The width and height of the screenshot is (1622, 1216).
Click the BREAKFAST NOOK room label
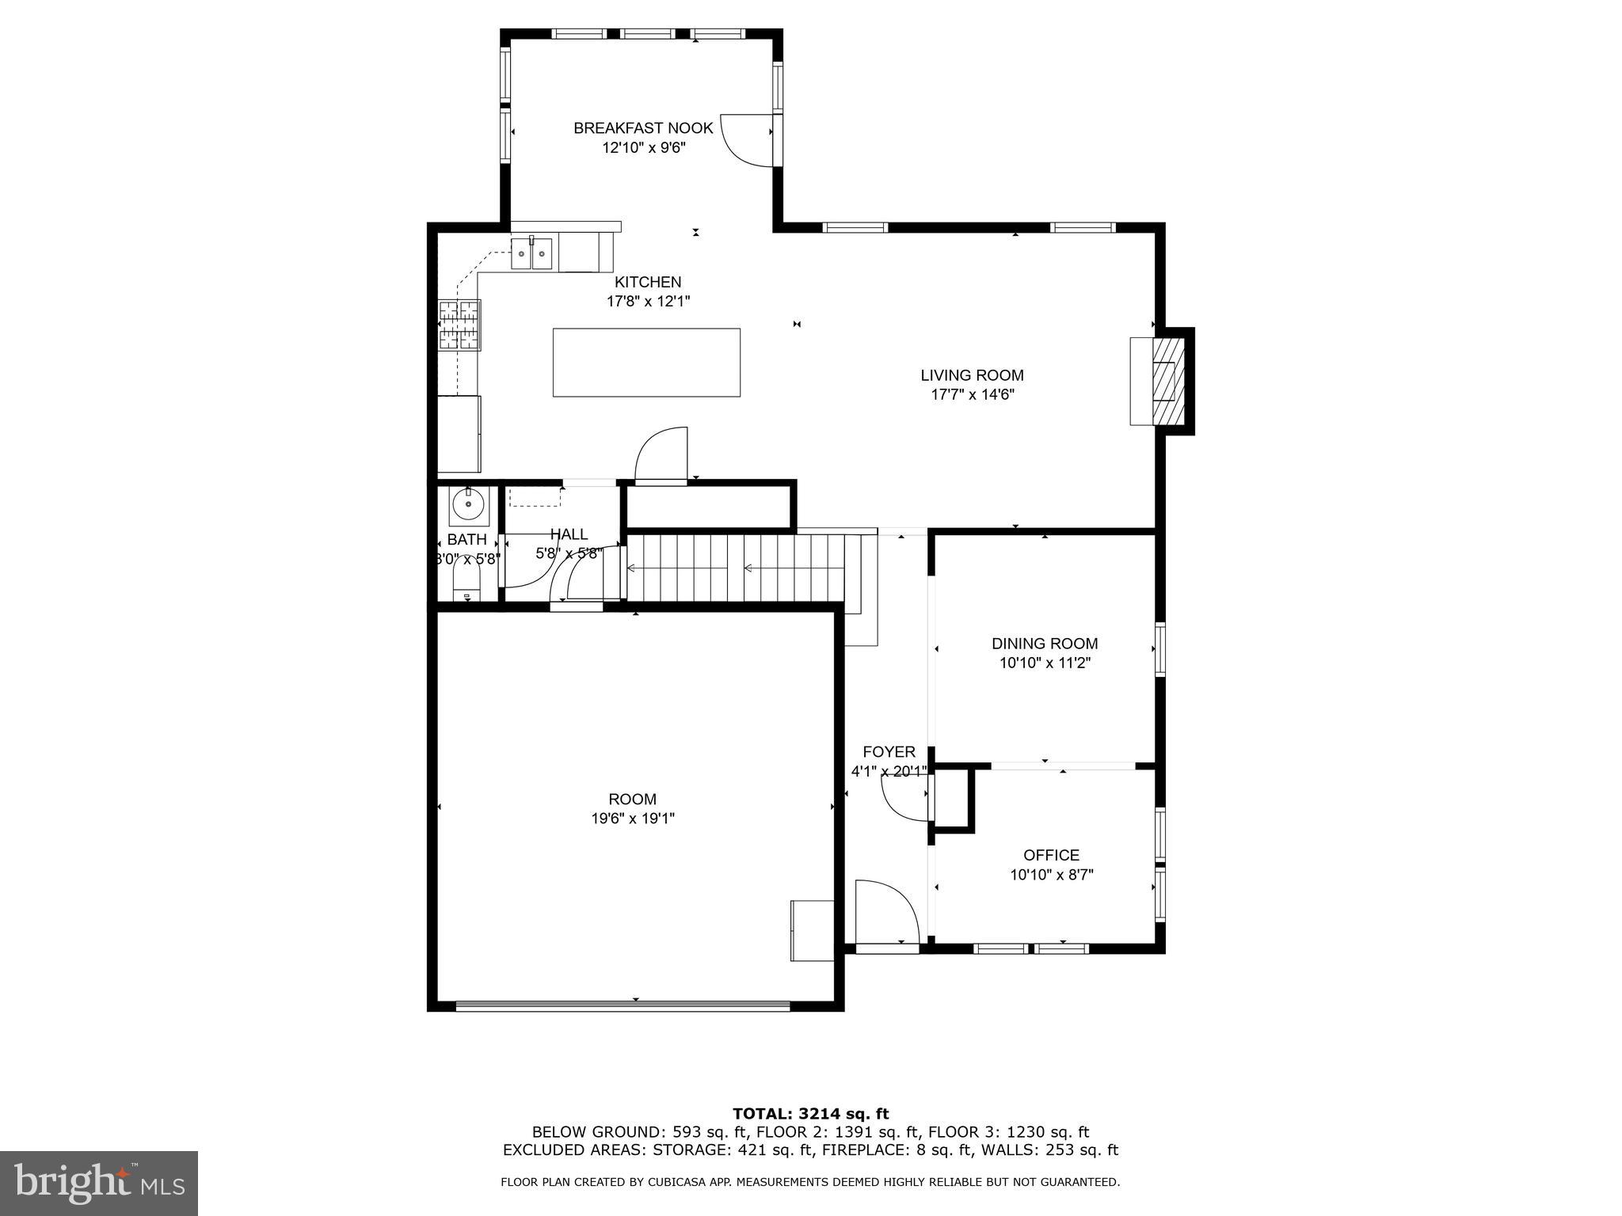pos(643,128)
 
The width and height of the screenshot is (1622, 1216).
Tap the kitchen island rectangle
pos(646,363)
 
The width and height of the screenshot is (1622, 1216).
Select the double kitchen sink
pos(531,254)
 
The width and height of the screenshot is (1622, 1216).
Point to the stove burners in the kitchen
pos(459,325)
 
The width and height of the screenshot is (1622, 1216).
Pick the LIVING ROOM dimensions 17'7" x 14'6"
pos(972,395)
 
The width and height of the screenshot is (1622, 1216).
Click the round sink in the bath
pos(469,503)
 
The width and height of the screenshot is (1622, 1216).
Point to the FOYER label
pos(889,752)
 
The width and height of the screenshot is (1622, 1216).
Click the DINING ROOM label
pos(1045,644)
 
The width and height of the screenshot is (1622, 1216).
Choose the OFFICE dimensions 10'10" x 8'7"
pos(1051,875)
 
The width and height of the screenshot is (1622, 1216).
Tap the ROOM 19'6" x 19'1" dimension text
pos(633,819)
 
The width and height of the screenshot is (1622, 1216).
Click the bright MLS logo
pos(99,1183)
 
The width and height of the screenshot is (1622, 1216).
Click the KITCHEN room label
pos(648,282)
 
